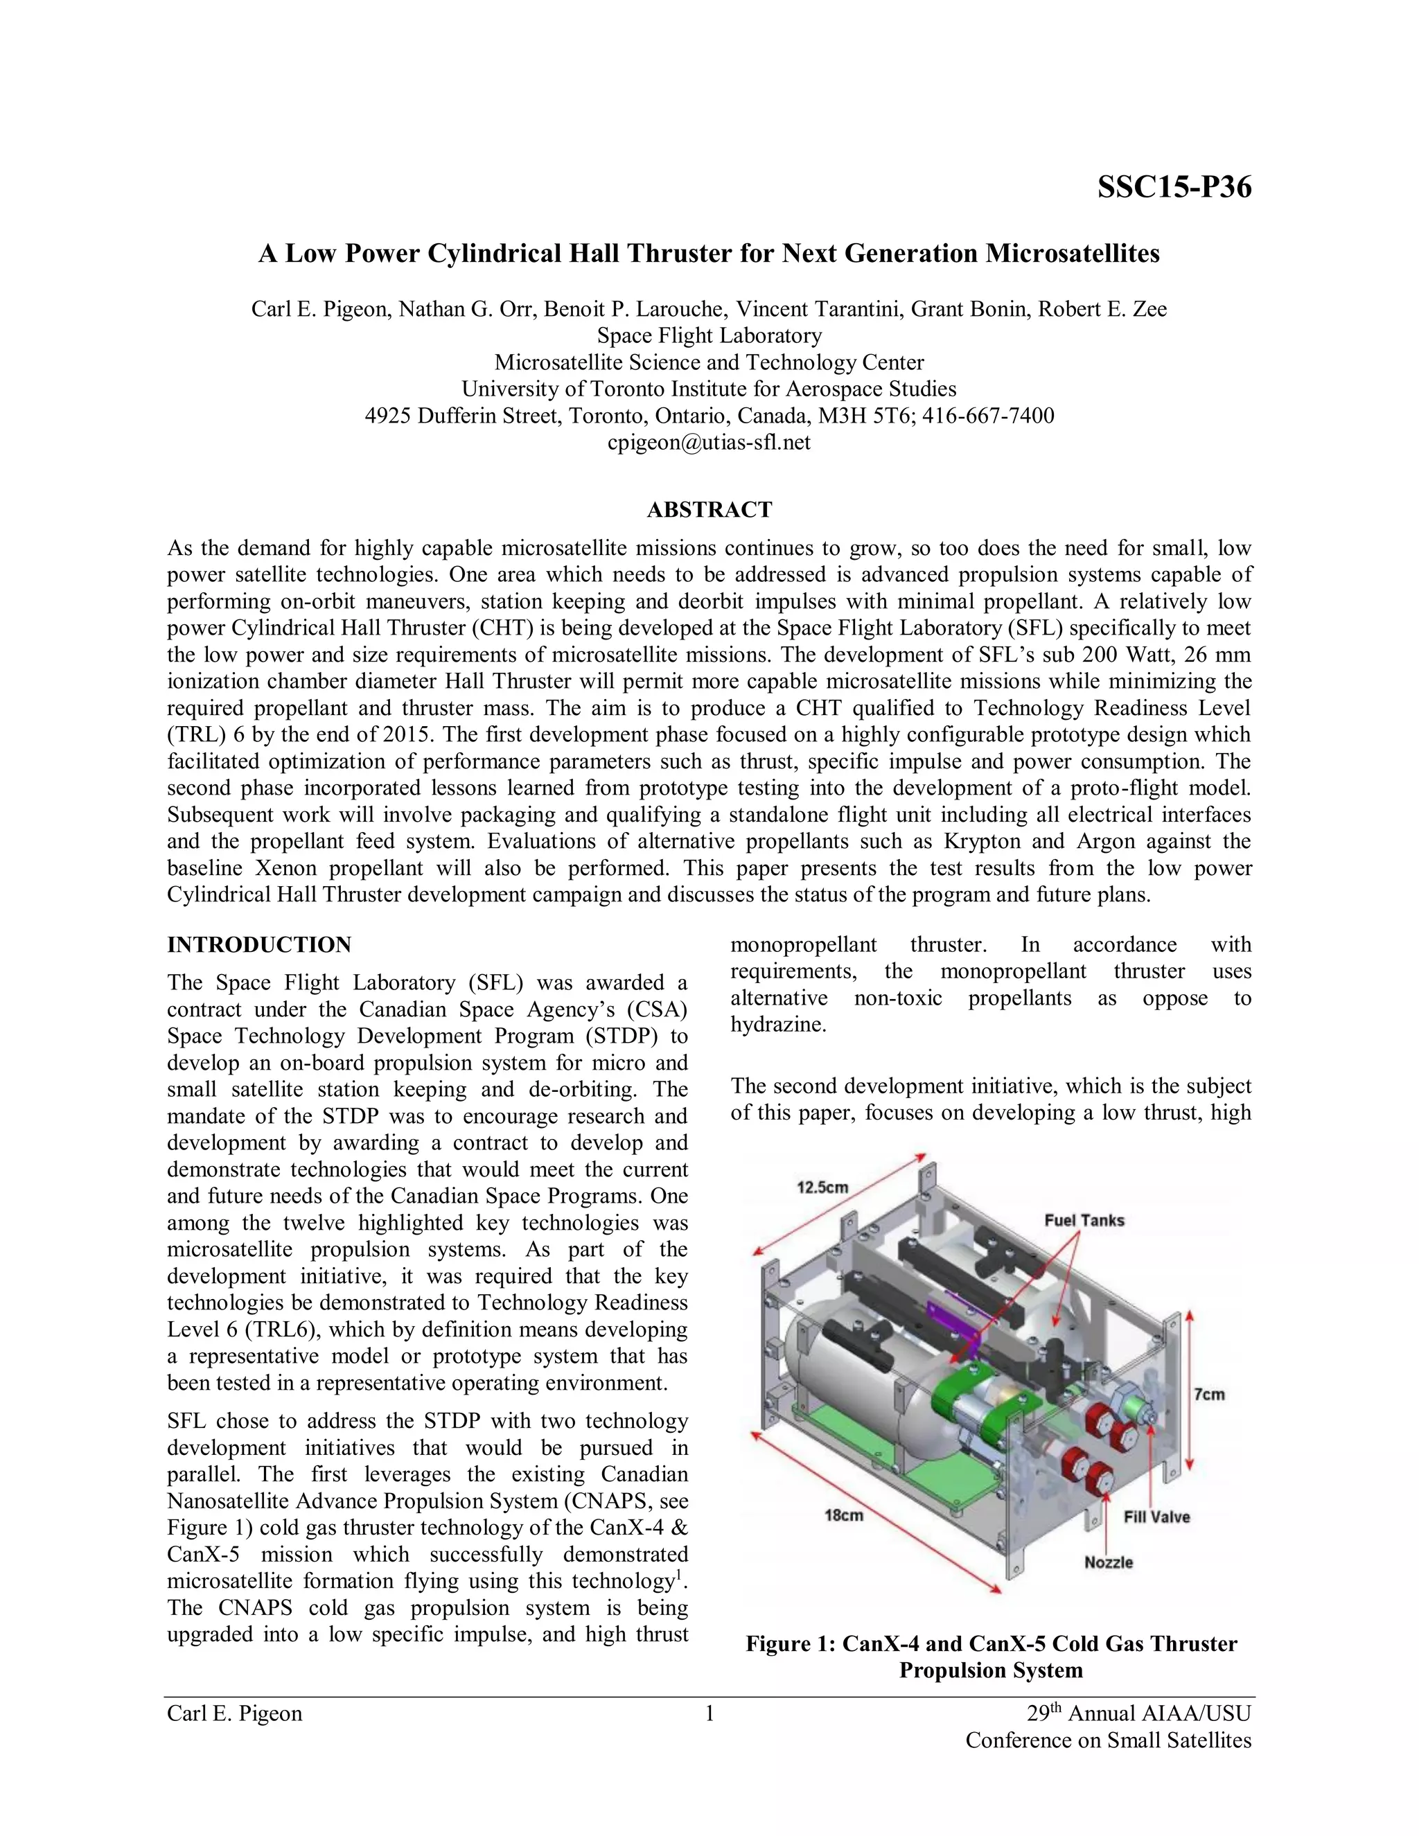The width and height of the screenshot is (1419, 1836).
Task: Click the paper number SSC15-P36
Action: tap(1174, 186)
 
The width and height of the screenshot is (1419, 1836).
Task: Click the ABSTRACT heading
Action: tap(709, 509)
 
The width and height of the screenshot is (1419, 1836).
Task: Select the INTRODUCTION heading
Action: tap(259, 945)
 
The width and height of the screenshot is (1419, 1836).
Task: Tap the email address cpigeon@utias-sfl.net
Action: tap(709, 442)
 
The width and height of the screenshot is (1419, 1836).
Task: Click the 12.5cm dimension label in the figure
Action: tap(822, 1187)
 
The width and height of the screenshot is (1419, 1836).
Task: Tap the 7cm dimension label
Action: tap(1209, 1394)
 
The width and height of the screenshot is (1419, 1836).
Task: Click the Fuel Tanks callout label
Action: tap(1084, 1220)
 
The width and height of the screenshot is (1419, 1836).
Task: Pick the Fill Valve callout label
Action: tap(1156, 1517)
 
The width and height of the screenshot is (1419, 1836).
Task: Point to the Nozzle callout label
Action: tap(1108, 1562)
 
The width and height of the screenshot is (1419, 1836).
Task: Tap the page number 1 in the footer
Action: tap(709, 1713)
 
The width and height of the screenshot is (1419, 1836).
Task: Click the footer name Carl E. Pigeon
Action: tap(235, 1713)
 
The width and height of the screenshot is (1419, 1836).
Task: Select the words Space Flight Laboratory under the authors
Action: tap(709, 335)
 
